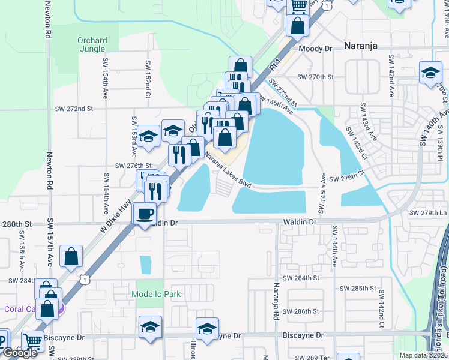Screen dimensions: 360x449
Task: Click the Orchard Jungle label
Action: pos(92,44)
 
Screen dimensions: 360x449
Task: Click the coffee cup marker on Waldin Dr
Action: pos(145,214)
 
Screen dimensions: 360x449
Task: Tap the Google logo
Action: pos(19,352)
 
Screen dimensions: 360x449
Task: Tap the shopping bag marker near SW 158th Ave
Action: pos(71,256)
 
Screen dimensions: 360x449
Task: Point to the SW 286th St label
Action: pos(310,311)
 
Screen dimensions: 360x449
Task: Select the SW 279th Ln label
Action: pos(428,213)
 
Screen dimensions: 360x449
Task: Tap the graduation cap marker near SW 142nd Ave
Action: pos(430,73)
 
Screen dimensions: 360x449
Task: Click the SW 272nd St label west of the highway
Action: pos(74,109)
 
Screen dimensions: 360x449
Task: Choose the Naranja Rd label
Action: pos(277,301)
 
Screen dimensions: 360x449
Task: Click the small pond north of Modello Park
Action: pos(146,264)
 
